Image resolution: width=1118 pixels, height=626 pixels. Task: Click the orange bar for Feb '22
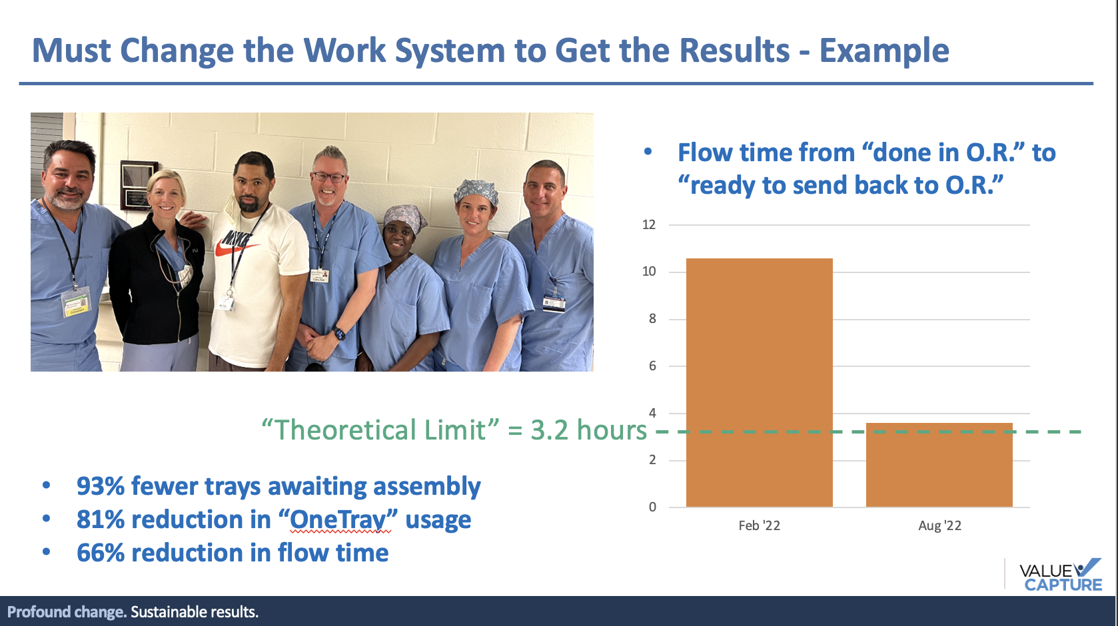tap(759, 382)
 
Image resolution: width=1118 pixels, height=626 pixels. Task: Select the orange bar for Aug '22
tap(939, 465)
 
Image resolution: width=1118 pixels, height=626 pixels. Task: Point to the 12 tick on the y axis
tap(649, 224)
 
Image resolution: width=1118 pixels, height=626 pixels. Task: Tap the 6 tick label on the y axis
tap(652, 366)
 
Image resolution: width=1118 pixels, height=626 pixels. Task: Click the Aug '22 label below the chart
tap(940, 525)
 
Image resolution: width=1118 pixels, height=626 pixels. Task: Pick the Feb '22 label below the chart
tap(759, 525)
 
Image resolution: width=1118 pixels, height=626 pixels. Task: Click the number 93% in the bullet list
tap(101, 486)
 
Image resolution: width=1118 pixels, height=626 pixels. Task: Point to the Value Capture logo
tap(1061, 575)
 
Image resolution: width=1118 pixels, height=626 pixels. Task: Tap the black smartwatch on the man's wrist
tap(339, 333)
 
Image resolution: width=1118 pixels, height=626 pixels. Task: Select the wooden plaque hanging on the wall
tap(139, 185)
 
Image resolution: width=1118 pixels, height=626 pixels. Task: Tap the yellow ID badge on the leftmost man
tap(77, 302)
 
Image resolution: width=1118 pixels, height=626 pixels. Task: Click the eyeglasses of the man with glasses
tap(328, 177)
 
